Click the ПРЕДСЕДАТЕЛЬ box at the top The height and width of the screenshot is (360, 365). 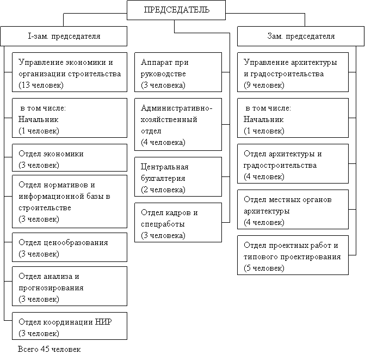point(176,10)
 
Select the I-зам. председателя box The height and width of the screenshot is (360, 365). point(64,36)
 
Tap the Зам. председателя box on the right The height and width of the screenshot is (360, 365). point(301,36)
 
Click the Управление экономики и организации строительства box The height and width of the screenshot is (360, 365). point(70,74)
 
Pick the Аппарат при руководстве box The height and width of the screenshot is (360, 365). point(178,74)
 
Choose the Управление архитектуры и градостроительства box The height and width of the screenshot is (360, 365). point(294,74)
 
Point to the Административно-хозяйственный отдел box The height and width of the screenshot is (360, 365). point(178,125)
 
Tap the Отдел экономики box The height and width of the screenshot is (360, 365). point(70,159)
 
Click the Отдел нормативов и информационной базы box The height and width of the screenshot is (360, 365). point(70,202)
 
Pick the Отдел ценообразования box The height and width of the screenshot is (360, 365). point(70,248)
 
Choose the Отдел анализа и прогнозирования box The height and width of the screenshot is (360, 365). point(70,288)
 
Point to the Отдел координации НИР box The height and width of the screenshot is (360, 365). point(70,327)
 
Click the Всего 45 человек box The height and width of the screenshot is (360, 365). point(70,350)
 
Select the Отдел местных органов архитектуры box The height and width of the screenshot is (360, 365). point(294,210)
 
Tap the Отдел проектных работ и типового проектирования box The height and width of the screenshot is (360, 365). point(294,256)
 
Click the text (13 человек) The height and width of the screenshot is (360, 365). point(41,86)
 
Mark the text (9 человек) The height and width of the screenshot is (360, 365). point(264,86)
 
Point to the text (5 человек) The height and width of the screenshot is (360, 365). point(264,269)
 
